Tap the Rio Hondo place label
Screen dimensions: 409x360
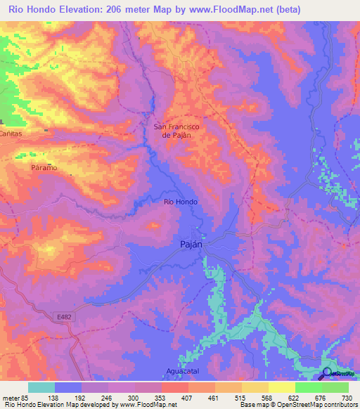click(181, 202)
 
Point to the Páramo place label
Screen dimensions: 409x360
click(44, 169)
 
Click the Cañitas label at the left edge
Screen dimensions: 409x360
click(11, 133)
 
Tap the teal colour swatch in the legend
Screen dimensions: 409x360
click(41, 387)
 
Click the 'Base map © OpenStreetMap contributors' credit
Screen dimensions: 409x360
click(298, 405)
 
